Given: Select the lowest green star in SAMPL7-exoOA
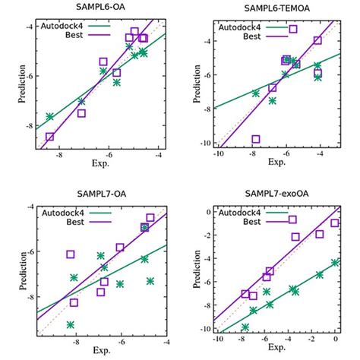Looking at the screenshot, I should pyautogui.click(x=245, y=327).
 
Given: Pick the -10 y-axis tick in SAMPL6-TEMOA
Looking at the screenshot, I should pyautogui.click(x=200, y=143).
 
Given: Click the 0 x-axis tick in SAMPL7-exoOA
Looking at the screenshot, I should pyautogui.click(x=335, y=339).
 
